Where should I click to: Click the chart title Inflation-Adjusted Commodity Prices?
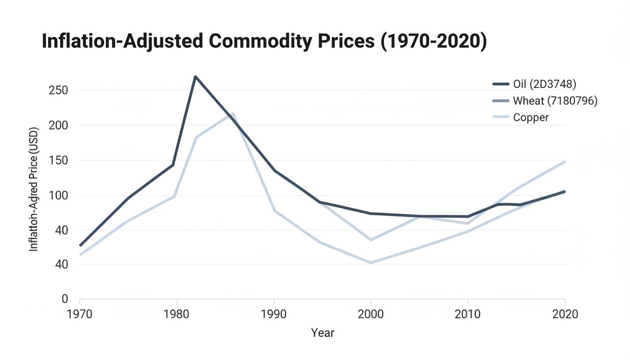coord(264,41)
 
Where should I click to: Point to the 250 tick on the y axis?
coord(58,90)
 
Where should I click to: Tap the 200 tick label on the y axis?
coord(58,125)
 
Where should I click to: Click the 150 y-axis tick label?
coord(58,160)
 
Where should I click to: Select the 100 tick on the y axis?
coord(58,195)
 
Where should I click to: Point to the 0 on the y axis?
coord(65,299)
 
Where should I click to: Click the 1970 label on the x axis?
coord(80,314)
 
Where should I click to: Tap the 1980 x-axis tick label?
coord(177,314)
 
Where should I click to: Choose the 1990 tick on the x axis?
coord(274,314)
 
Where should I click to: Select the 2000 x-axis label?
coord(371,314)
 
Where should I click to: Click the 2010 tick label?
coord(468,314)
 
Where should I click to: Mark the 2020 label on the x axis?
coord(565,314)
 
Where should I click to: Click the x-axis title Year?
coord(322,333)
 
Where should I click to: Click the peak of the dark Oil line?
coord(195,76)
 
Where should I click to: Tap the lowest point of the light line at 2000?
coord(371,262)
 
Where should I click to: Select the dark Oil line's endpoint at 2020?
coord(564,191)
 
